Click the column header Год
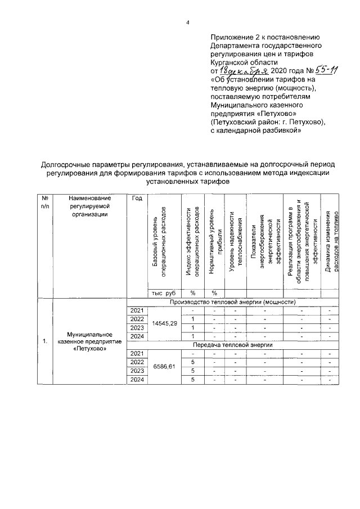(137, 199)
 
